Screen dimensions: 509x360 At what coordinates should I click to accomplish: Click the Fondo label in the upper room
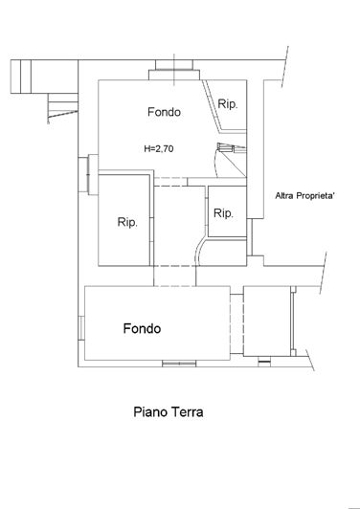point(164,112)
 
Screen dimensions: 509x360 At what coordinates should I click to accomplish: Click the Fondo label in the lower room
point(142,328)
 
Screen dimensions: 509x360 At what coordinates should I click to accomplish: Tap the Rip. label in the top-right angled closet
point(228,103)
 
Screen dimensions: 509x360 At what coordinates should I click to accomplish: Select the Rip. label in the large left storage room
point(127,222)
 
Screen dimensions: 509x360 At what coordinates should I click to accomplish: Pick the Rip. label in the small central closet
point(223,212)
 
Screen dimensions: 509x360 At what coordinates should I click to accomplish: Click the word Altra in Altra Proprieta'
point(286,196)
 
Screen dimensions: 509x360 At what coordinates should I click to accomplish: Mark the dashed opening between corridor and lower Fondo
point(175,285)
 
